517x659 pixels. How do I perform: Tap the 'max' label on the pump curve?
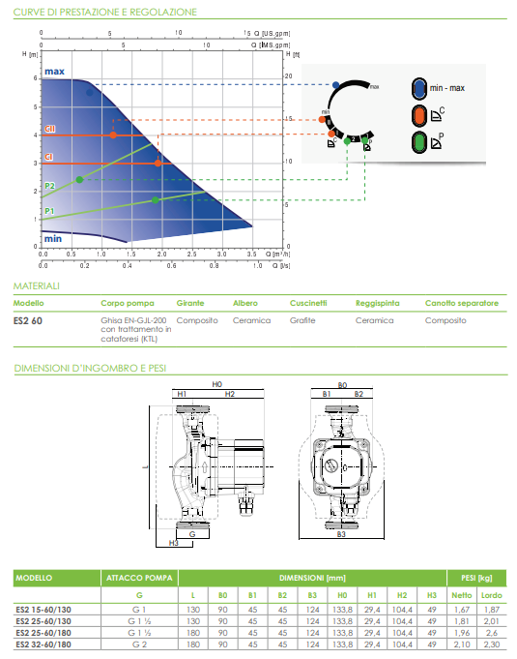coord(54,72)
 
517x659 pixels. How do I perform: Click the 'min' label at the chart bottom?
coord(53,238)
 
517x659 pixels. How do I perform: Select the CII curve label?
coord(50,128)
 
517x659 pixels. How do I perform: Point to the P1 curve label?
coord(49,211)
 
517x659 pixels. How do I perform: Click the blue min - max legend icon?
coord(420,88)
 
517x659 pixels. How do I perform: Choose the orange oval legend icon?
coord(420,116)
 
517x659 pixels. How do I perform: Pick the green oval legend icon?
coord(420,143)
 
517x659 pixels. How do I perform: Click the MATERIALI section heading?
coord(37,286)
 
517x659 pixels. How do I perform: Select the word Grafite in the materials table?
coord(303,319)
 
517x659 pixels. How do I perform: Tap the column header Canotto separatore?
coord(461,303)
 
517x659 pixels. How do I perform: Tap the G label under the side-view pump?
coord(192,533)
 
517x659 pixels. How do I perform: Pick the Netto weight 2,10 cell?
coord(461,644)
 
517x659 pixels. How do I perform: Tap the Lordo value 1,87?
coord(492,609)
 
